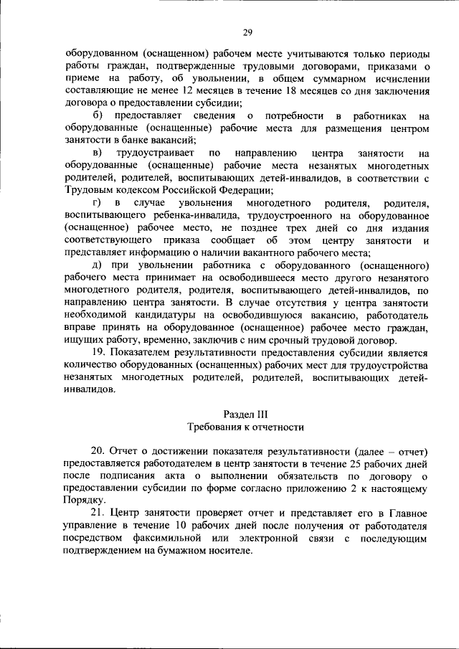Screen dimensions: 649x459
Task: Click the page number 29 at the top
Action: pyautogui.click(x=247, y=32)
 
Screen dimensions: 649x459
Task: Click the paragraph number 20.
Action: pyautogui.click(x=98, y=450)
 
